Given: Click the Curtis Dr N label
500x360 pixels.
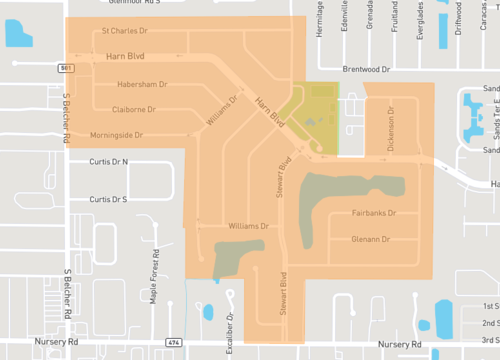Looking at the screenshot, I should pyautogui.click(x=109, y=161).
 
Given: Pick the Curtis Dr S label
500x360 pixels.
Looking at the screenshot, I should pyautogui.click(x=109, y=199).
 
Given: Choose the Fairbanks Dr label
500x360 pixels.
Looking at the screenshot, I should pyautogui.click(x=375, y=214).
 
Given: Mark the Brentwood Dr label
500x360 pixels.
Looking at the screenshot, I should pyautogui.click(x=364, y=70).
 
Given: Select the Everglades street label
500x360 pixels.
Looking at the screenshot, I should pyautogui.click(x=418, y=18).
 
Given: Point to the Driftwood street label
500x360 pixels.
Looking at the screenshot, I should pyautogui.click(x=458, y=18).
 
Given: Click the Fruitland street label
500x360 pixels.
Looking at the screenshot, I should pyautogui.click(x=394, y=18).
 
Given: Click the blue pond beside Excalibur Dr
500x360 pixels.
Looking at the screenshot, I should pyautogui.click(x=208, y=311).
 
